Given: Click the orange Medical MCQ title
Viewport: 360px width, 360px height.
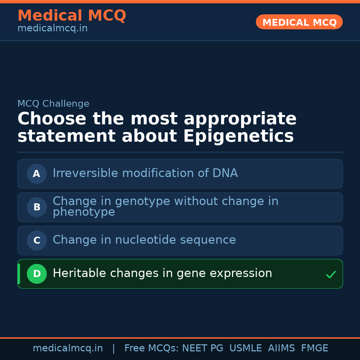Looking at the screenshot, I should click(72, 16).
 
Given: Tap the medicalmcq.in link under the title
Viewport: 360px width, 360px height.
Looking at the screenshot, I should click(52, 29).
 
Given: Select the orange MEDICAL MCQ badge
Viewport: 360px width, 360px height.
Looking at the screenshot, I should click(299, 22).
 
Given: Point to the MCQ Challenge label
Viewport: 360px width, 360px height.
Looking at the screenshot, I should click(53, 104).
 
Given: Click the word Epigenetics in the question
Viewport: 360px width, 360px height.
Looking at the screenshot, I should click(238, 136).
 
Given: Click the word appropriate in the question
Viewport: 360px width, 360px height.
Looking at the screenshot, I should click(240, 119).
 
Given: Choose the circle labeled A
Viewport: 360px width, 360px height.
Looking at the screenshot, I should click(37, 174).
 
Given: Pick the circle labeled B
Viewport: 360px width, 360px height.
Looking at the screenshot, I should click(37, 207).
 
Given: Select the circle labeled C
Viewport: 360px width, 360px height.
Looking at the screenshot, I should click(37, 240).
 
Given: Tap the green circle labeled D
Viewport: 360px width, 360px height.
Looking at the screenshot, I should click(37, 274).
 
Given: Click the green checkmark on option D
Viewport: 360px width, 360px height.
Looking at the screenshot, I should click(331, 275).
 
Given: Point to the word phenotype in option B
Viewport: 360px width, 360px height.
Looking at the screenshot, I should click(84, 212).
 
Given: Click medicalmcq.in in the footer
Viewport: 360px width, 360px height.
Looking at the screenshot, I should click(68, 348).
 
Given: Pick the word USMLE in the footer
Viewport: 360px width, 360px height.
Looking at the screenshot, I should click(245, 348).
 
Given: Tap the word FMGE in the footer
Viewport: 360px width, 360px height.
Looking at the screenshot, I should click(314, 348).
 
